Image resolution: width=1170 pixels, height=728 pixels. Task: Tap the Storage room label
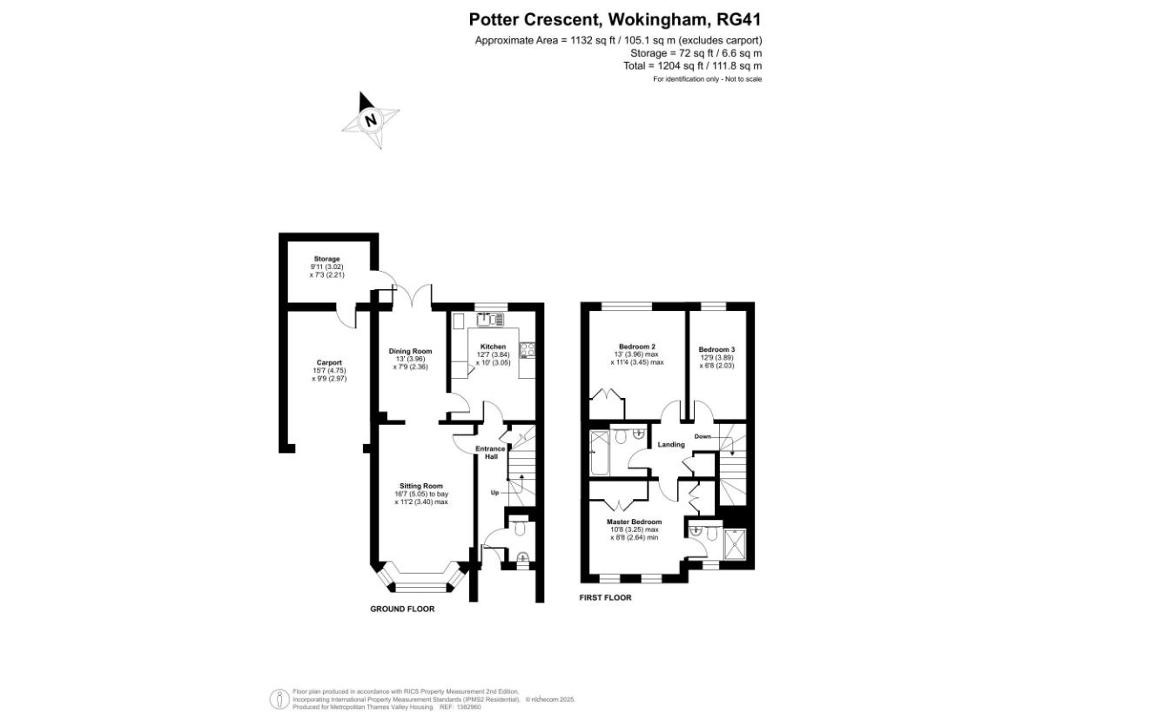click(326, 259)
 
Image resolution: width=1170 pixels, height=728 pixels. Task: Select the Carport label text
click(329, 363)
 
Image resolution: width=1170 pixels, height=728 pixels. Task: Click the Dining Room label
click(410, 351)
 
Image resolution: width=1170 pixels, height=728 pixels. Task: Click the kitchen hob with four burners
click(526, 350)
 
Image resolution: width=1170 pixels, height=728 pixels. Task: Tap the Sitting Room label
click(421, 486)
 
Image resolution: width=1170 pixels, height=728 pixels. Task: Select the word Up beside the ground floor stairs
click(494, 493)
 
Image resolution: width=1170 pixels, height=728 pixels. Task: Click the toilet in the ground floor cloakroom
click(520, 528)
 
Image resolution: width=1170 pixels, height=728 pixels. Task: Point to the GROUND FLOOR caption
click(402, 610)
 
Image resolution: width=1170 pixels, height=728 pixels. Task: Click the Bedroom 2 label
click(637, 347)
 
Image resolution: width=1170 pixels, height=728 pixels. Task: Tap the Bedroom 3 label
click(716, 350)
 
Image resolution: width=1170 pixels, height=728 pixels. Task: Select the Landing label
click(671, 445)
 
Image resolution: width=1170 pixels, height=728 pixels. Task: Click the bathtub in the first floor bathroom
click(601, 452)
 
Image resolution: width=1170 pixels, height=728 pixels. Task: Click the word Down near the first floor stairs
click(703, 436)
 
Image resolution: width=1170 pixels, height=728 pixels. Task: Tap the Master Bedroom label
click(635, 522)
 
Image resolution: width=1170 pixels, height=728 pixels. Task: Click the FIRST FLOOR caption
click(606, 598)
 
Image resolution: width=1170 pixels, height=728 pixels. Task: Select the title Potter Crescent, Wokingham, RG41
click(615, 19)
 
